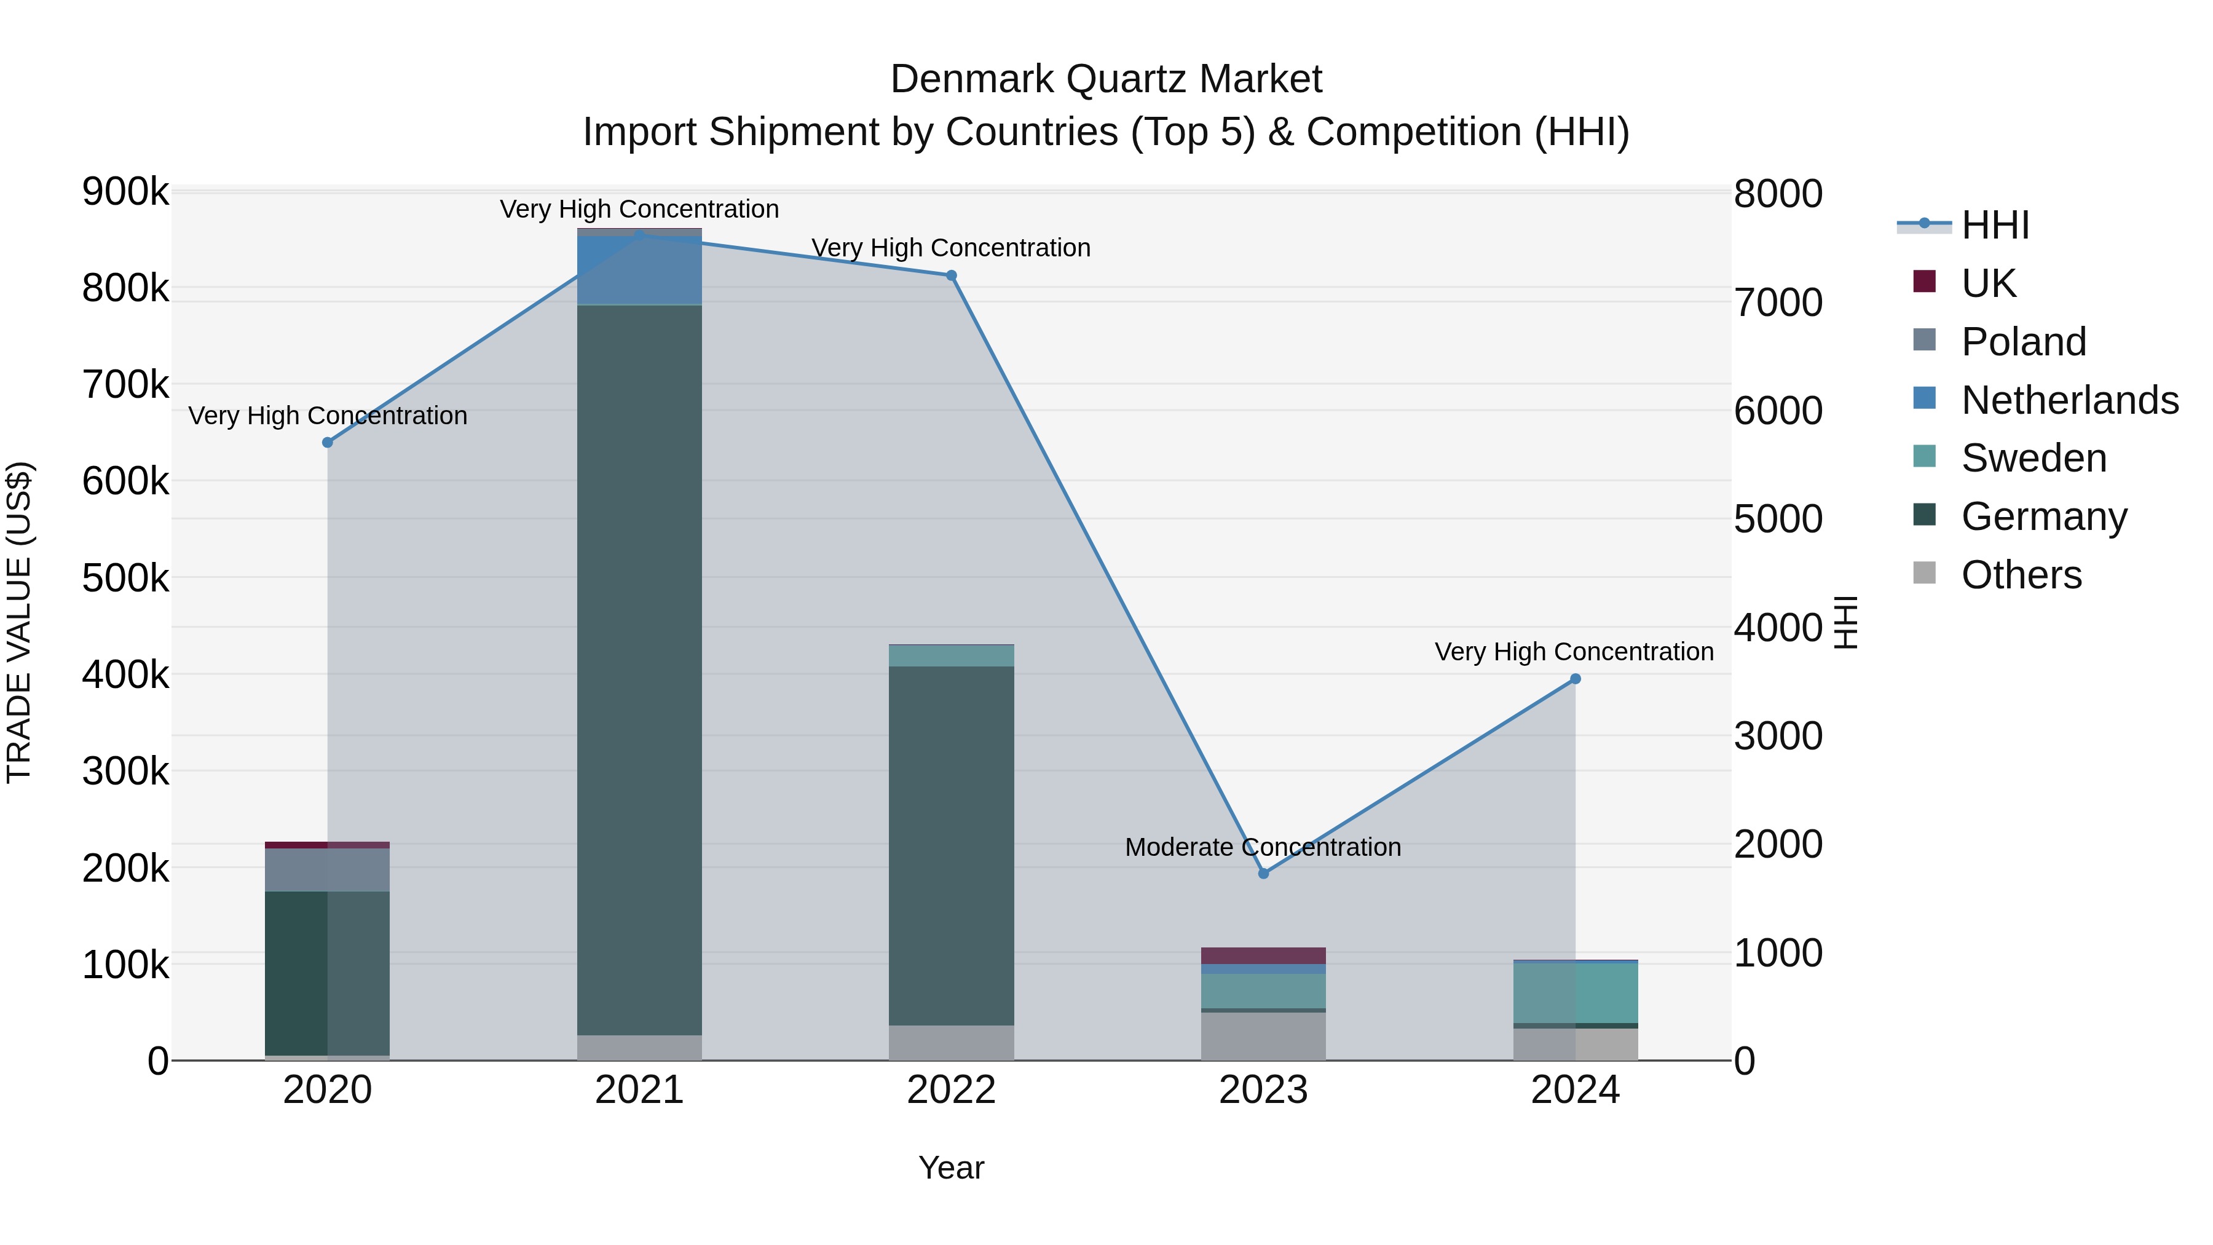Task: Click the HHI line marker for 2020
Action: tap(327, 443)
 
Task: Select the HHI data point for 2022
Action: tap(951, 276)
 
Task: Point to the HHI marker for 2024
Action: tap(1576, 679)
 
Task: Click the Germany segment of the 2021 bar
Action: tap(639, 670)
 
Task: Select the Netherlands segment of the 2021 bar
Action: tap(639, 270)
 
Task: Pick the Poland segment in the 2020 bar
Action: tap(327, 869)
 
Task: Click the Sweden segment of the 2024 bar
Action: tap(1576, 992)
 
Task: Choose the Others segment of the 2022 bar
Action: tap(951, 1042)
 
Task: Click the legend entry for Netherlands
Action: tap(2069, 400)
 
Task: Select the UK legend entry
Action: tap(1988, 283)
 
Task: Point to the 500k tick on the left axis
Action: tap(125, 579)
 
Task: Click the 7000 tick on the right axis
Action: tap(1777, 302)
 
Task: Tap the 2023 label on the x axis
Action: tap(1263, 1090)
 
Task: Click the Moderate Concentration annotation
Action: tap(1263, 847)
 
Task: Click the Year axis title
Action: tap(951, 1168)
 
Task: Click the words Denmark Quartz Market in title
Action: tap(1106, 79)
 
